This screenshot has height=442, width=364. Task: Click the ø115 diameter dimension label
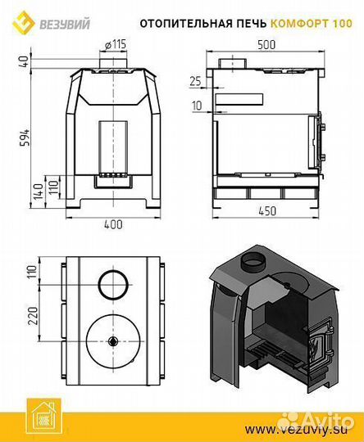click(116, 44)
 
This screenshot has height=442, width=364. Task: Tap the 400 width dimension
click(113, 224)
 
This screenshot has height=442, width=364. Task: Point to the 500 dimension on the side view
click(266, 45)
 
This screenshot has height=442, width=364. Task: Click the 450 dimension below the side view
click(267, 211)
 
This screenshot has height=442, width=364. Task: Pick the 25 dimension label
click(195, 82)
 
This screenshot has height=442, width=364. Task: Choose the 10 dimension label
click(198, 106)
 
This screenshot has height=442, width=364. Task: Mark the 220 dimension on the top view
click(34, 315)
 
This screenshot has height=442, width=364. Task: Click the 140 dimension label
click(39, 192)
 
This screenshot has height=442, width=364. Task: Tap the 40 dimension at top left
click(25, 61)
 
